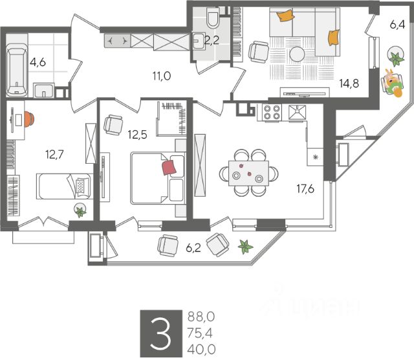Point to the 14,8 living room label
349,83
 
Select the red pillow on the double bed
169,168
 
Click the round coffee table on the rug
297,54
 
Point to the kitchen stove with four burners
272,113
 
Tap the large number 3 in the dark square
161,332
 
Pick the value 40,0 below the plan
201,347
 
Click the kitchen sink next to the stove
298,113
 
